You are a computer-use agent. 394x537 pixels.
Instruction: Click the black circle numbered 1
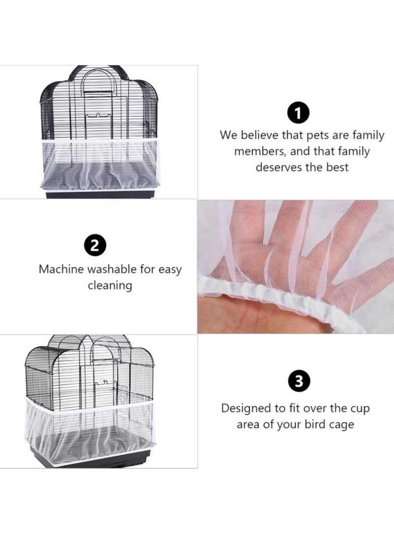click(298, 114)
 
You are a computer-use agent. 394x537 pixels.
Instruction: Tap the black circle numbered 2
click(95, 246)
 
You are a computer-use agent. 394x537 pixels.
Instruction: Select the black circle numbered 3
click(299, 381)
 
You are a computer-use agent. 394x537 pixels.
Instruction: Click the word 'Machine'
click(61, 269)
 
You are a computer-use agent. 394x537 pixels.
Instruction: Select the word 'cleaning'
click(110, 285)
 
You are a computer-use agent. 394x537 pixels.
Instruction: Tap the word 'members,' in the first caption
click(260, 152)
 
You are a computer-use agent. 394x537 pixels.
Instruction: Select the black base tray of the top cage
click(99, 194)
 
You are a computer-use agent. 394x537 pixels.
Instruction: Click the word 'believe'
click(259, 135)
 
